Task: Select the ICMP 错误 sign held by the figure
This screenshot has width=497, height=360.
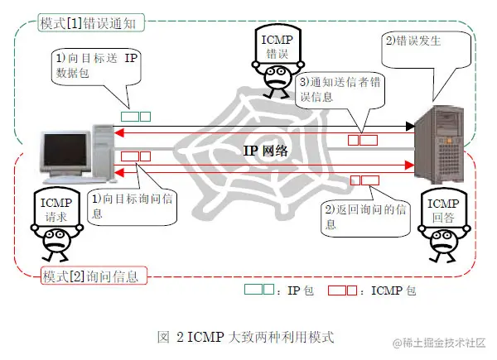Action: (277, 43)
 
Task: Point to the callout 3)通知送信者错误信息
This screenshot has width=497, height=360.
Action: (340, 89)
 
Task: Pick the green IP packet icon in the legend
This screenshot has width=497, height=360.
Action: (256, 291)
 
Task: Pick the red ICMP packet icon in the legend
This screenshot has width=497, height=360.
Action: (341, 291)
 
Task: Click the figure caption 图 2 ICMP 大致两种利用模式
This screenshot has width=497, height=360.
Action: (246, 337)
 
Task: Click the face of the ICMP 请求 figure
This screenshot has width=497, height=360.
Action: (55, 240)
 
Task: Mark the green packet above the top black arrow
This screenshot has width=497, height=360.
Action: (135, 116)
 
